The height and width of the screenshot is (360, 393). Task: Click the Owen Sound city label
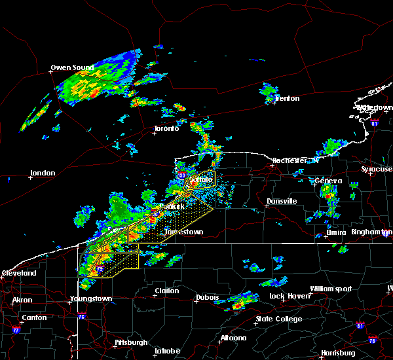[72, 67]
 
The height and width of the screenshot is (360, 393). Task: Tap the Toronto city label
[166, 128]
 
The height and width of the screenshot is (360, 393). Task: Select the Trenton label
[287, 99]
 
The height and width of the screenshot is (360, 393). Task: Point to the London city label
[43, 173]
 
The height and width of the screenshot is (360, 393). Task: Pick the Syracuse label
[377, 169]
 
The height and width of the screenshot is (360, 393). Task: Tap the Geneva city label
[328, 181]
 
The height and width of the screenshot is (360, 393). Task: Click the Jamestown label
[183, 232]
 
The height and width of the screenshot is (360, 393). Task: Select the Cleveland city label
[18, 272]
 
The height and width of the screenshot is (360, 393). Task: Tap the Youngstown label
[91, 299]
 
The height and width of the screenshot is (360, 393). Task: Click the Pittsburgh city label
[131, 342]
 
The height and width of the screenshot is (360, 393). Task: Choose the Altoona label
[233, 338]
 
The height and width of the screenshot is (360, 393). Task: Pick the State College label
[279, 319]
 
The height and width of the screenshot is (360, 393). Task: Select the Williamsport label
[331, 289]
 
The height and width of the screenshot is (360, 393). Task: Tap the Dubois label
[207, 298]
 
